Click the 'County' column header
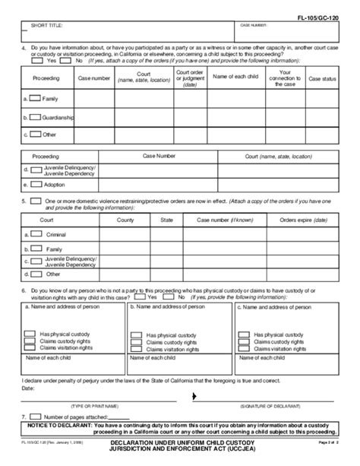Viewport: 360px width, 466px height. pyautogui.click(x=125, y=220)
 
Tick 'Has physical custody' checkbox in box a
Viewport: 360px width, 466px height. pyautogui.click(x=30, y=333)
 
